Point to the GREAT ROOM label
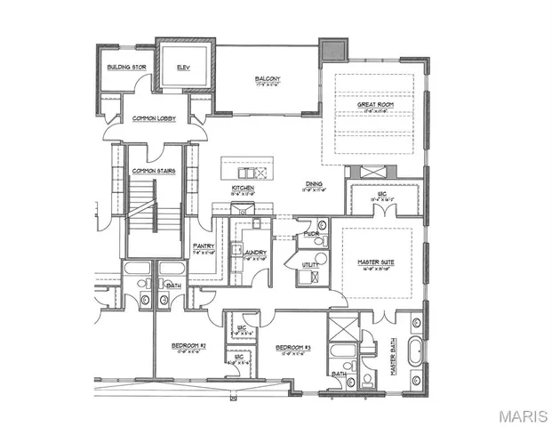375,103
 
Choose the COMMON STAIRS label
150,170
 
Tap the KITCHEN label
244,189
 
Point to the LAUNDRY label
255,253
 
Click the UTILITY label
310,265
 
